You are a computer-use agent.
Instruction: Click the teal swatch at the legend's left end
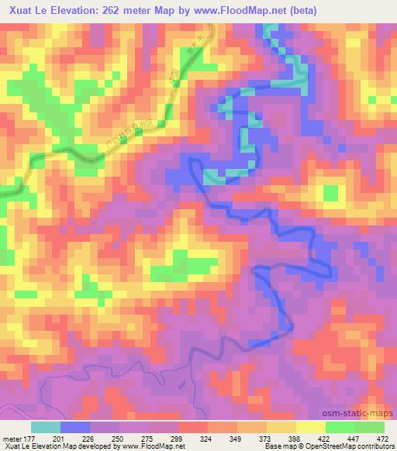[x=46, y=427]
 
